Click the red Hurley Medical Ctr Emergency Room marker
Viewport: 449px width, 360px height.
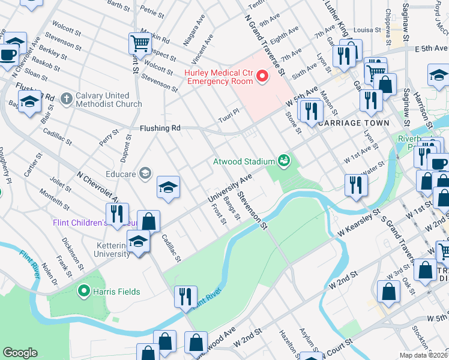[x=262, y=76]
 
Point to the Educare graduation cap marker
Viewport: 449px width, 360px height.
[x=144, y=174]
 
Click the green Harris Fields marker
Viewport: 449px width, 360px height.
[x=85, y=292]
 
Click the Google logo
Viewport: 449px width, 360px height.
[x=20, y=352]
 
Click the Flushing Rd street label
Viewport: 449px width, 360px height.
[x=160, y=128]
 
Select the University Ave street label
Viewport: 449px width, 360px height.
[x=229, y=189]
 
